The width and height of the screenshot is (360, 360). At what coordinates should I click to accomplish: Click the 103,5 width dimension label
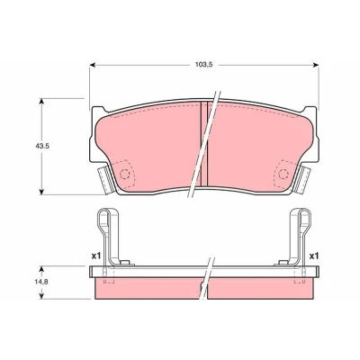pos(204,65)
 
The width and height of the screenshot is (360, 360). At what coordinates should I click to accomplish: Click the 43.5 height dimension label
pos(41,146)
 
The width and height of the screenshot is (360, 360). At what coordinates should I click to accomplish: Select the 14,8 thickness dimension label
pos(41,282)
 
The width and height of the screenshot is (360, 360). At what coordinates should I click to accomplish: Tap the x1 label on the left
pos(95,256)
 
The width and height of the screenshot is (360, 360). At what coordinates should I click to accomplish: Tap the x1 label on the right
pos(314,256)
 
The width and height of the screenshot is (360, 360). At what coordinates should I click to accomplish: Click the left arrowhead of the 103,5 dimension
pos(93,65)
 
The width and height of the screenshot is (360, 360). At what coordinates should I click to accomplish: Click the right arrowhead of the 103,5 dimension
pos(315,65)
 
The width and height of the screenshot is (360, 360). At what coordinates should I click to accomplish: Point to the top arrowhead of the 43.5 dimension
pos(41,102)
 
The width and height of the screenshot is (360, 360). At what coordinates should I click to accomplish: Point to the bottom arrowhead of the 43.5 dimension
pos(41,192)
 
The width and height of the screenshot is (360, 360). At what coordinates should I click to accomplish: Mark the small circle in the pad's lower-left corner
pos(124,174)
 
